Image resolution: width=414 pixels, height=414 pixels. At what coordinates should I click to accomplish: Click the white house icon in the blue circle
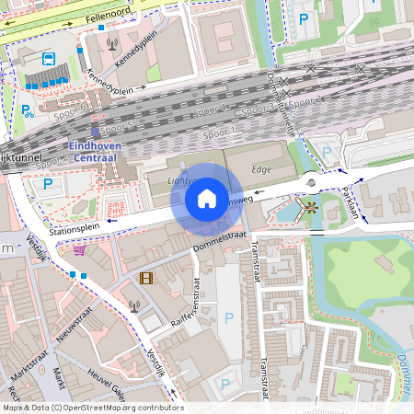click(207, 199)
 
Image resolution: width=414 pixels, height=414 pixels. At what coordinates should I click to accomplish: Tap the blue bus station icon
click(46, 59)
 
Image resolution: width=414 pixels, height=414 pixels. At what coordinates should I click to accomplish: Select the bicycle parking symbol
click(28, 111)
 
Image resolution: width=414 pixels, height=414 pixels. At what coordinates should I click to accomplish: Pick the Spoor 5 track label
click(117, 125)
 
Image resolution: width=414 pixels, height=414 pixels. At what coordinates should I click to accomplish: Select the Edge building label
click(262, 169)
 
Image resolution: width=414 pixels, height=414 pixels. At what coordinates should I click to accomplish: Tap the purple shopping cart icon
click(80, 248)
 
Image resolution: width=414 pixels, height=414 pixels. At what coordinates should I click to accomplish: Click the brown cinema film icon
click(146, 277)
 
